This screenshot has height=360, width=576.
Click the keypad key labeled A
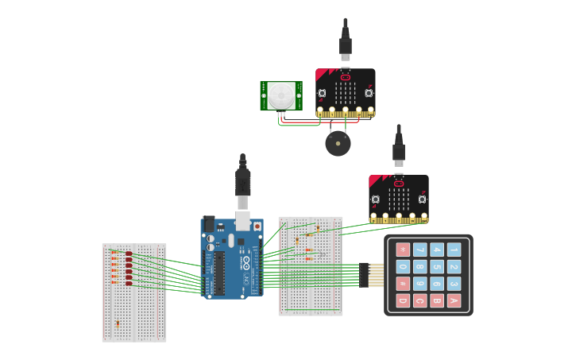tap(454, 300)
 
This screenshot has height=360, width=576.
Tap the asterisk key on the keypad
tap(403, 250)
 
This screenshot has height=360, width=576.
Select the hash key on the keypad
tap(403, 284)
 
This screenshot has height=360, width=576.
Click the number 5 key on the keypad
tap(437, 267)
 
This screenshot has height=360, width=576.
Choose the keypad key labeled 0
tap(403, 267)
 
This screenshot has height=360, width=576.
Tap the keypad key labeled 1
tap(454, 250)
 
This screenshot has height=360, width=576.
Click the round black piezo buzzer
tap(338, 144)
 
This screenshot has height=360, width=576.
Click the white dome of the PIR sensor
tap(280, 96)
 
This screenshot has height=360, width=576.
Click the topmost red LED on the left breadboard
tap(129, 254)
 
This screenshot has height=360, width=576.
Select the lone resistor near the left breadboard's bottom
tap(118, 323)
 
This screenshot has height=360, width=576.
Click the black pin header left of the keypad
tap(364, 275)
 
